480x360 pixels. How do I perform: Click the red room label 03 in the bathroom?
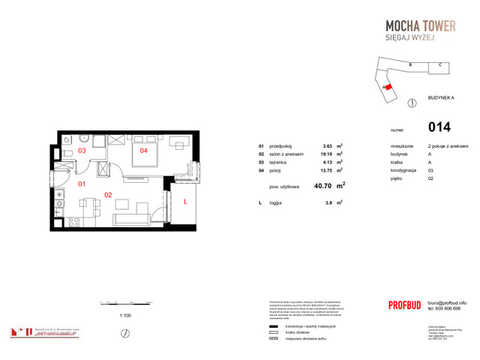(82, 151)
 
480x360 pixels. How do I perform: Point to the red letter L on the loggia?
(184, 200)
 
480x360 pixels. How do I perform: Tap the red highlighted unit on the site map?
(389, 87)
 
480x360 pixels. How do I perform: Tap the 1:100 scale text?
(125, 316)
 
